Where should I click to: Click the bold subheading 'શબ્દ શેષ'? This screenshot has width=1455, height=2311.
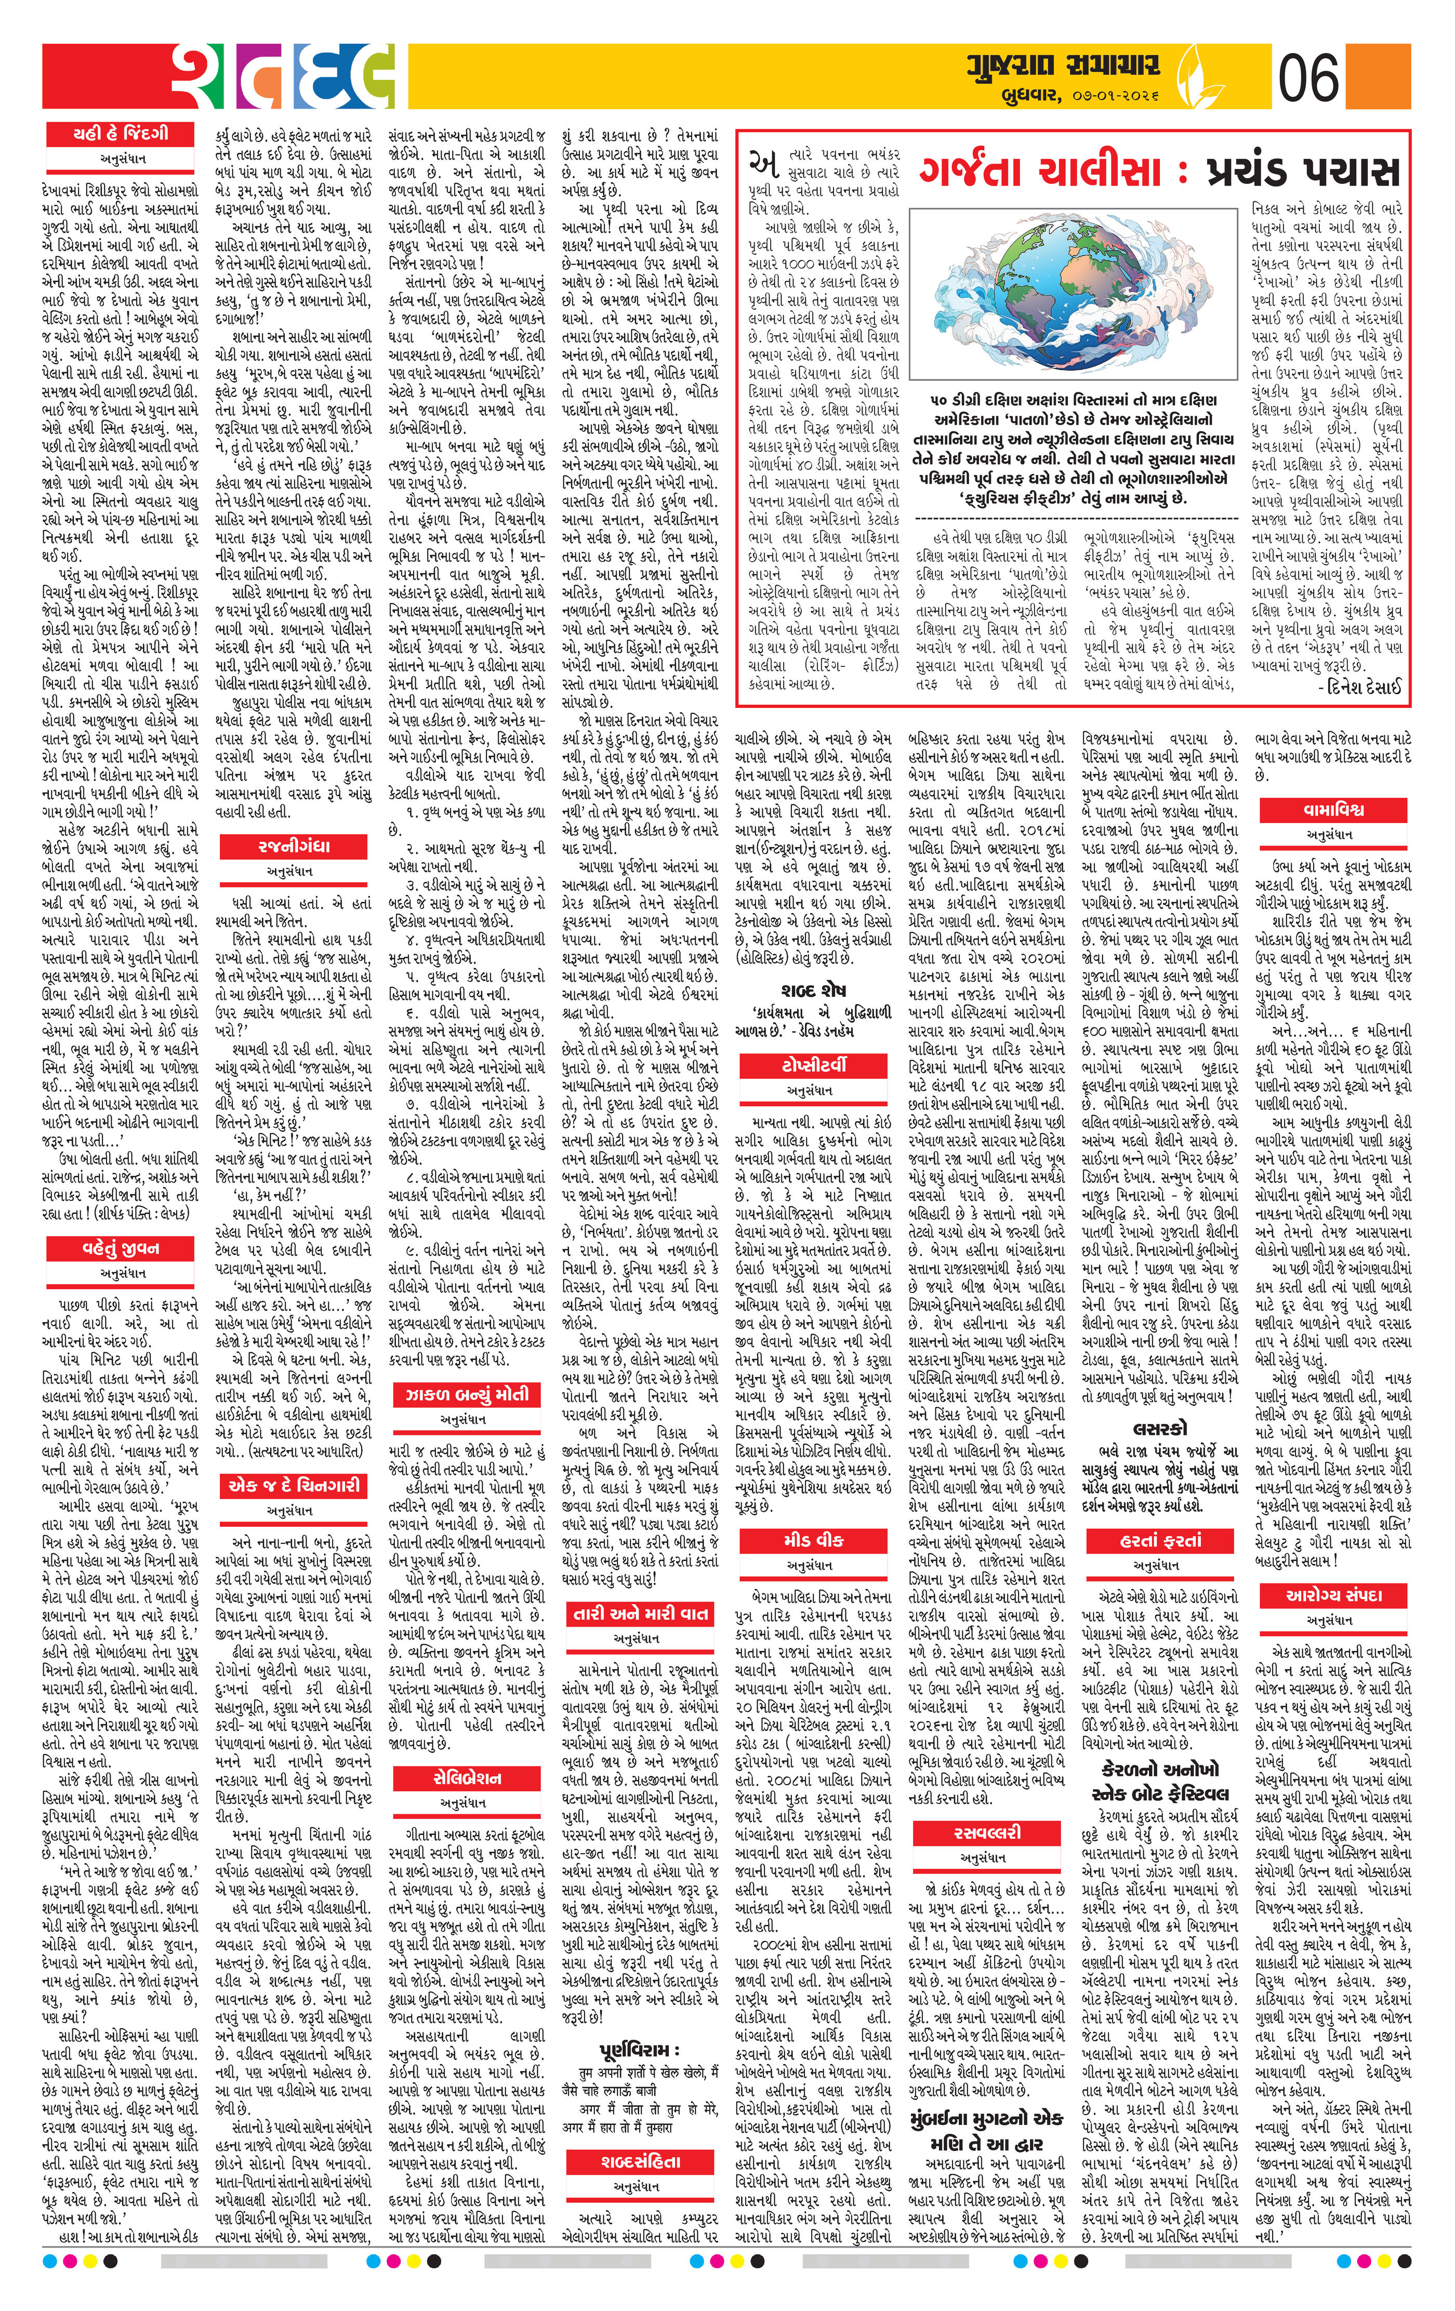tap(813, 989)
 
